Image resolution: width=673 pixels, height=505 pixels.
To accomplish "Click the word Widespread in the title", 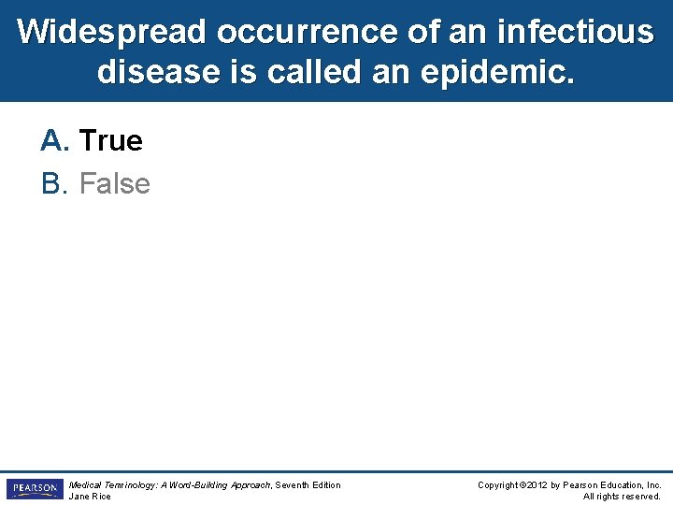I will coord(111,32).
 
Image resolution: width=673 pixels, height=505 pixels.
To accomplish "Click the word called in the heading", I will coord(308,72).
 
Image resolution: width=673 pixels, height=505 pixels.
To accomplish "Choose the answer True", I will coord(111,141).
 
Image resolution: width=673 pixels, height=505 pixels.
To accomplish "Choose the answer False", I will coord(114,183).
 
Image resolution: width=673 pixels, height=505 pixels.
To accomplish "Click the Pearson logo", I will coord(34,489).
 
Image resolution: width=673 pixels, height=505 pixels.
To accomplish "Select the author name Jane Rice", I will coord(90,497).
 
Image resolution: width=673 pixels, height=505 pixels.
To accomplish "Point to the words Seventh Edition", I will coord(308,484).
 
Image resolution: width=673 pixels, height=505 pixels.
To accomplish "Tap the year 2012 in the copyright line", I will coord(537,484).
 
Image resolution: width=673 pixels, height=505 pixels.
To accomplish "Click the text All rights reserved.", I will coord(622,497).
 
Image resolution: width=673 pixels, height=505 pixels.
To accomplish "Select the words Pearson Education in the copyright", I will coord(604,484).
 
